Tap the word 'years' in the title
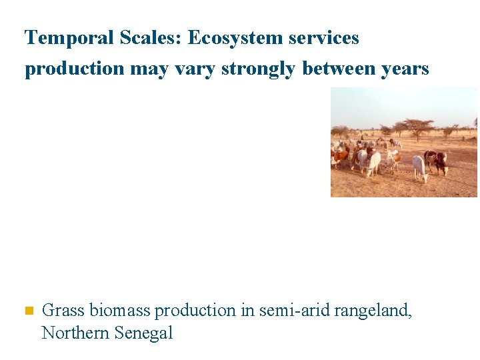point(407,69)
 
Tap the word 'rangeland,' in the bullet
point(374,311)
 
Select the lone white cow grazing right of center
point(420,167)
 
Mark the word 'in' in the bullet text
point(247,311)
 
